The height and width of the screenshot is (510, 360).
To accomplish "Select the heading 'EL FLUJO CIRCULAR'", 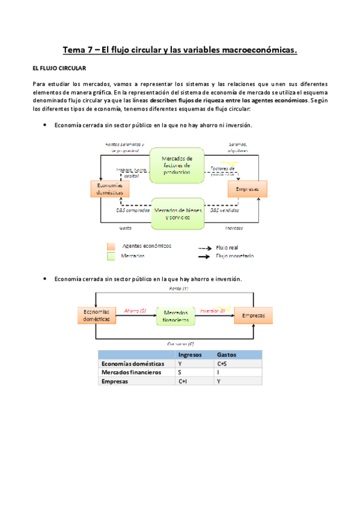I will [x=60, y=69].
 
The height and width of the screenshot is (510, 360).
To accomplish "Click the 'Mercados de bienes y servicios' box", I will [x=177, y=214].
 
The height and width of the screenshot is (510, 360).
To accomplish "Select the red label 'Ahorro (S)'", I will [x=135, y=311].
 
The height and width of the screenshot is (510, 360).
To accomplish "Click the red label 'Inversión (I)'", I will [x=212, y=311].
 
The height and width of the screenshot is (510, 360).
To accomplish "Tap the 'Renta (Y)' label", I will [x=178, y=290].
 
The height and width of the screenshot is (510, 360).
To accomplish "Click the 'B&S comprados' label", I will [x=133, y=210].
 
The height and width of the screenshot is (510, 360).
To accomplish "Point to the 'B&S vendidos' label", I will [x=223, y=210].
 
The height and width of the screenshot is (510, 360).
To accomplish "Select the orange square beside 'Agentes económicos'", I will [x=111, y=246].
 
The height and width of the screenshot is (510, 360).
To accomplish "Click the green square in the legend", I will [x=111, y=256].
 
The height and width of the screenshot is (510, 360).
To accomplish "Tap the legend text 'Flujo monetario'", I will [x=234, y=256].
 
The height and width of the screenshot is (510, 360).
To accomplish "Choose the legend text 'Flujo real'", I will [x=227, y=246].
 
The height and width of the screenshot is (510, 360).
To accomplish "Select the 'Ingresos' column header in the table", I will [x=190, y=355].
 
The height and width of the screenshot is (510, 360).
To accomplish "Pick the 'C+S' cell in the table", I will [x=222, y=364].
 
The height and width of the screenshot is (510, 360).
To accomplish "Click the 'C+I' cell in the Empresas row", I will [x=183, y=381].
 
